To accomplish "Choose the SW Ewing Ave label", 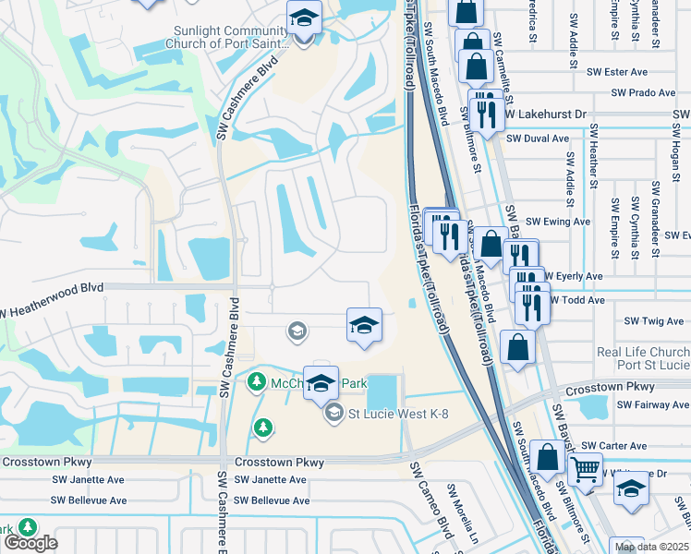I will tap(557, 222).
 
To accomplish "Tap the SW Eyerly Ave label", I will tap(573, 276).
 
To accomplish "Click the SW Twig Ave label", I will tap(654, 321).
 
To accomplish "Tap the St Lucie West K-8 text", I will tap(398, 414).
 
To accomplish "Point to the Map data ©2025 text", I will tap(651, 547).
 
